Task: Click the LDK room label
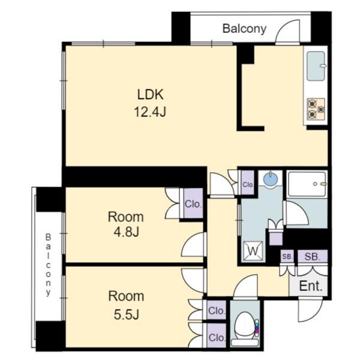pos(151,94)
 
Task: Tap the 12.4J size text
pos(150,112)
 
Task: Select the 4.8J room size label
pos(126,232)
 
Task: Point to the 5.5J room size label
pos(127,314)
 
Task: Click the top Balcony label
pos(245,29)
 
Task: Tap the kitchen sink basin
pos(316,66)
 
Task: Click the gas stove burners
pos(316,109)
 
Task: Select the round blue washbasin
pos(271,179)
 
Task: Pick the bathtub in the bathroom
pos(307,184)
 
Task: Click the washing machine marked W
pos(253,251)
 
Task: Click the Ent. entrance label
pos(311,286)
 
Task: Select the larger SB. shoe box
pos(312,256)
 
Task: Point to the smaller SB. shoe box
pos(287,256)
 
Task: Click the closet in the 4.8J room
pos(193,203)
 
